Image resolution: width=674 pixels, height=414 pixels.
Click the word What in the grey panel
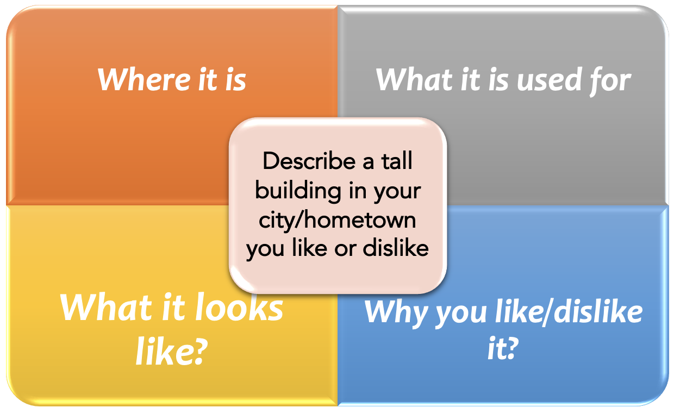[414, 79]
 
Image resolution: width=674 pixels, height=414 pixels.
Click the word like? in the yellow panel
[172, 351]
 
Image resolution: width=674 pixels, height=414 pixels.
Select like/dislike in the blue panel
[569, 311]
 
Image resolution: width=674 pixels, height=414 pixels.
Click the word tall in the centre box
[397, 161]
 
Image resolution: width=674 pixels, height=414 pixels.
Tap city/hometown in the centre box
[338, 221]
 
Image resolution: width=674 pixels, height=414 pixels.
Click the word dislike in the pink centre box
[396, 248]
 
